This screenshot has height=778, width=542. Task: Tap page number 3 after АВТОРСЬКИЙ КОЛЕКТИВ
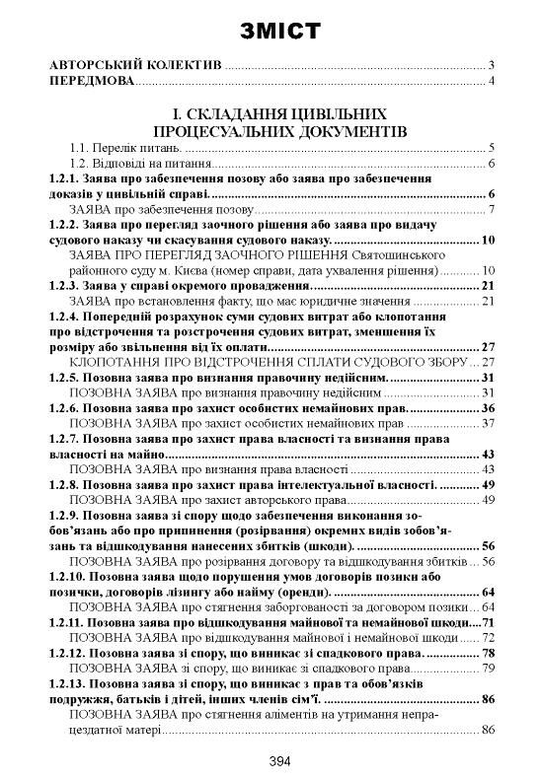click(x=490, y=65)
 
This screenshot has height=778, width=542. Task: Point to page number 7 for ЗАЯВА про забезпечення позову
click(x=490, y=210)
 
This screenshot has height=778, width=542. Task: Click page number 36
click(x=486, y=408)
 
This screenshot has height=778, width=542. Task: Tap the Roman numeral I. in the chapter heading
click(x=177, y=113)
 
